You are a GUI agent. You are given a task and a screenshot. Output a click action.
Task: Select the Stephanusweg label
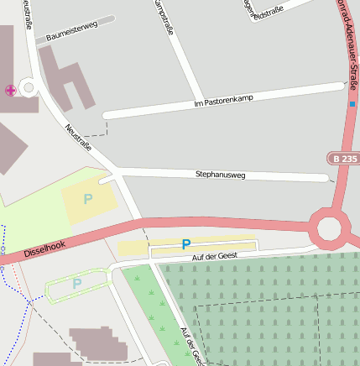point(220,175)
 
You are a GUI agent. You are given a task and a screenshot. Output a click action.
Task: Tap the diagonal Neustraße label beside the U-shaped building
point(78,139)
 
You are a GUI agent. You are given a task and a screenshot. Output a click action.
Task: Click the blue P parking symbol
point(185,244)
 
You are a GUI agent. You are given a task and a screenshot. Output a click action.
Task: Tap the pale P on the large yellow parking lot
point(87,200)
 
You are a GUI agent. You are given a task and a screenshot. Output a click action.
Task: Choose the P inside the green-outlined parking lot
point(77,284)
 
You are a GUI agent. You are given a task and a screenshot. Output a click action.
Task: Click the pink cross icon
point(10,90)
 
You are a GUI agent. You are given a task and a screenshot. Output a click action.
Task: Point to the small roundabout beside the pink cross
point(29,87)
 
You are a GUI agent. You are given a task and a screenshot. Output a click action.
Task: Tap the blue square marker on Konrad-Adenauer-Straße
point(353,104)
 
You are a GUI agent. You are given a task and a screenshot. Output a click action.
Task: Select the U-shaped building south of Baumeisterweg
point(67,80)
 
